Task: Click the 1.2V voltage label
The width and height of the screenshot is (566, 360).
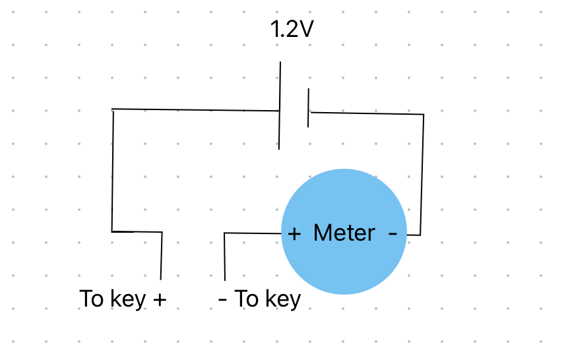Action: coord(292,30)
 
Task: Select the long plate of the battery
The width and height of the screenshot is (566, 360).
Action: coord(280,105)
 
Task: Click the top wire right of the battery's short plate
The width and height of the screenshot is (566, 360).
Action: coord(366,113)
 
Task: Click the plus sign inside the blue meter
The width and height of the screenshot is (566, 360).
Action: coord(294,233)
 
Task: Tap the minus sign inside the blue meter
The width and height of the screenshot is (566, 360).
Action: coord(393,233)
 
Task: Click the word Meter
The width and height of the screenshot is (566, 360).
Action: coord(344,233)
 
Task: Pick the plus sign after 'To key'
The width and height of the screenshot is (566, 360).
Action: coord(159,299)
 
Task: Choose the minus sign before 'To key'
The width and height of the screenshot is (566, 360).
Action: coord(223,299)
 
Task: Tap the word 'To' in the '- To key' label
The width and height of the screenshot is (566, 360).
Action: coord(247,299)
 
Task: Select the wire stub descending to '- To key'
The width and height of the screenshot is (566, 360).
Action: coord(225,257)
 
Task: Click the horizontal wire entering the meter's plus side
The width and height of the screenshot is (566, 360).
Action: coord(253,233)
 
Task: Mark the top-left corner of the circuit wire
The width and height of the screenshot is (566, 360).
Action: coord(113,109)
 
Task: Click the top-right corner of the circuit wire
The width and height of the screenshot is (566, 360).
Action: coord(423,115)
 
